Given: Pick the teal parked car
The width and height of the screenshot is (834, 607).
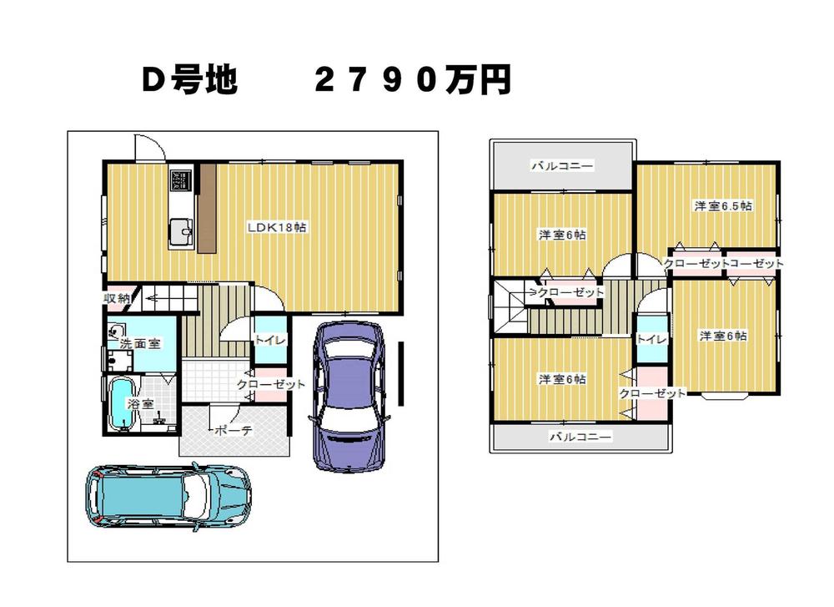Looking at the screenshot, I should (167, 498).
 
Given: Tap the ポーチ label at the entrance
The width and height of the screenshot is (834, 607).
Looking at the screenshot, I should (234, 431).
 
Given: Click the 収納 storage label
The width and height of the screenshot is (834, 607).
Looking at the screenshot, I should (116, 298).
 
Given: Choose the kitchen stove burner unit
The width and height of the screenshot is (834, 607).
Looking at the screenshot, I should (181, 180).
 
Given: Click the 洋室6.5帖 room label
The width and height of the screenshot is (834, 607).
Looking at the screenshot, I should (724, 205).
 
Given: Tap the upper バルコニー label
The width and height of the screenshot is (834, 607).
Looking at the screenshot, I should (562, 166).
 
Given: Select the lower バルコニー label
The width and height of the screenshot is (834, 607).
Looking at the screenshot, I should (580, 437).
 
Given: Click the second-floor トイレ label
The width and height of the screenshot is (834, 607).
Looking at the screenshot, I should (651, 338).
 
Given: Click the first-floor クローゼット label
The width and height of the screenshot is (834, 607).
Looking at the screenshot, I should (270, 384).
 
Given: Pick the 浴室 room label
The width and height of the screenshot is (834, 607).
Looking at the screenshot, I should (139, 403).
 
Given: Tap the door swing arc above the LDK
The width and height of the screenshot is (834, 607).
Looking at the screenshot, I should (150, 148).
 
